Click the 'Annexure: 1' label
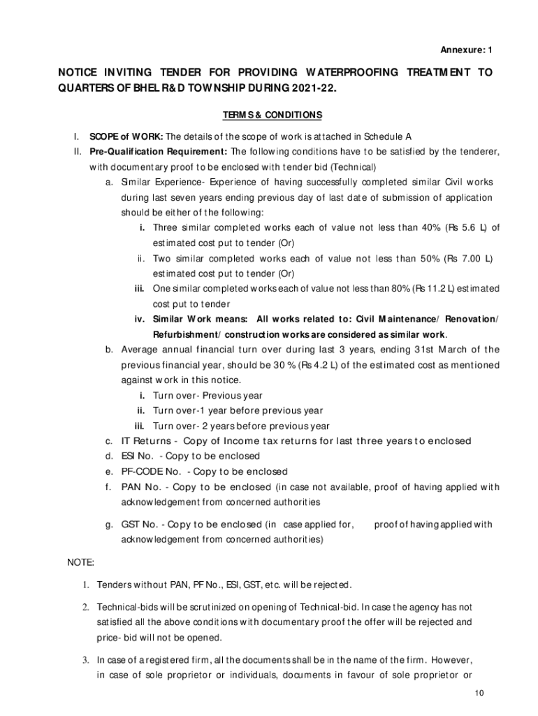pos(466,50)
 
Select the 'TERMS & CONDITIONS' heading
pos(272,115)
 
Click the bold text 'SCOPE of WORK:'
pos(126,136)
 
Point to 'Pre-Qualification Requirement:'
pos(158,152)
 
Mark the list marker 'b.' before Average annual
pos(110,350)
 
